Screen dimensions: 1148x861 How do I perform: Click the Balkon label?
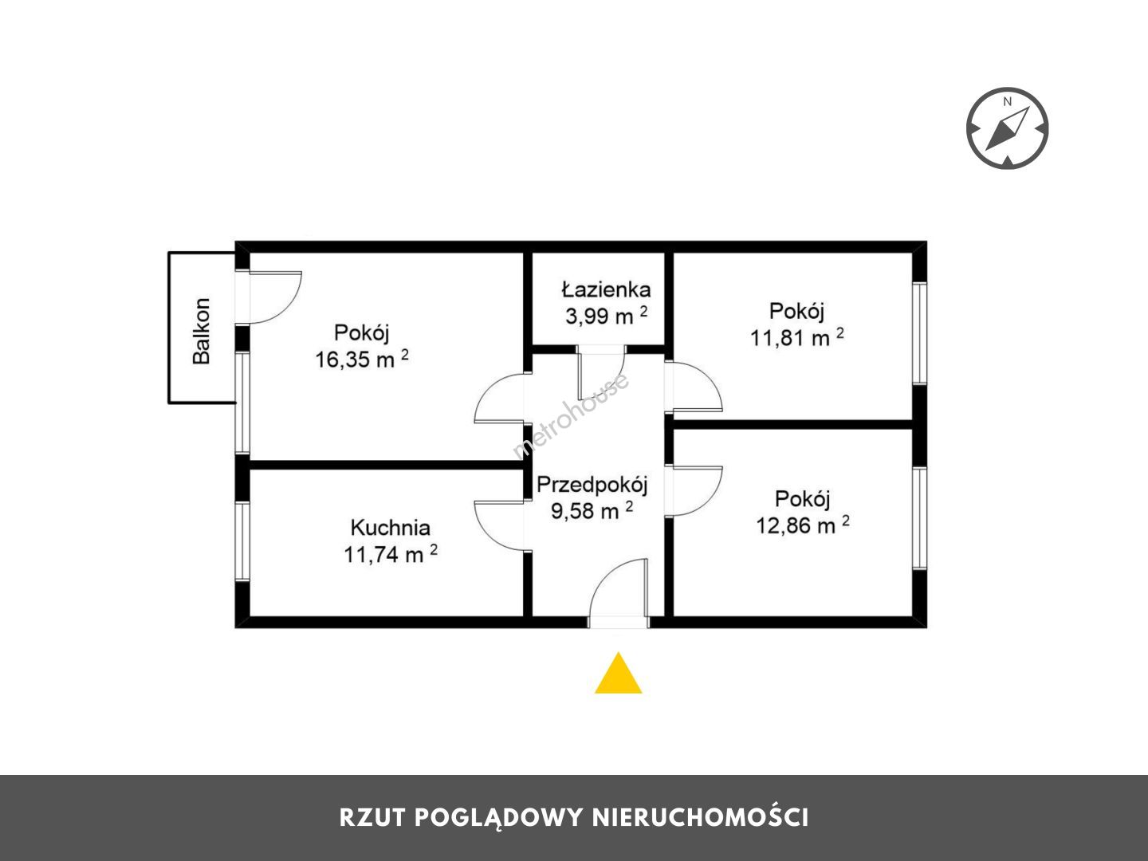pos(202,331)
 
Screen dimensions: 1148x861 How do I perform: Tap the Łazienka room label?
pos(606,289)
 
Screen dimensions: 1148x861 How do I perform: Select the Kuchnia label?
pos(390,528)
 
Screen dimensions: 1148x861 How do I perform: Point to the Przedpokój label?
pos(592,486)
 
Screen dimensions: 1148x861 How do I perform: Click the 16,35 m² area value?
pos(362,359)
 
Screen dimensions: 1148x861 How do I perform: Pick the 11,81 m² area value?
pos(797,337)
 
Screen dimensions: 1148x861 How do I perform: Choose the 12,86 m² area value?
pos(803,525)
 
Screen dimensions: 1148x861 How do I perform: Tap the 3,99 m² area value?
pos(607,315)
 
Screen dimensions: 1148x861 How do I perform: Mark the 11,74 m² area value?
pos(391,553)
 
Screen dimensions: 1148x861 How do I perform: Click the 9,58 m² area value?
pos(592,510)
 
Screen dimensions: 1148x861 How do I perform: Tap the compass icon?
pos(1008,128)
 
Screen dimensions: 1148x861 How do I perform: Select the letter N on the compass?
pos(1008,101)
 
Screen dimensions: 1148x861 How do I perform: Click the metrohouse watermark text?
pos(571,415)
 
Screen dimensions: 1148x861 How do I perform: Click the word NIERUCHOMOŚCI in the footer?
pos(700,818)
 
